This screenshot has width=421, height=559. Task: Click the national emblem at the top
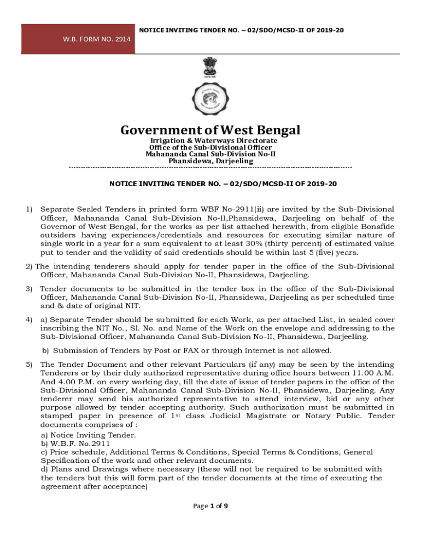coord(210,69)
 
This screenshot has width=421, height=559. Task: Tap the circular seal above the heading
coord(210,101)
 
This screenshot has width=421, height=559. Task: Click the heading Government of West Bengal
coord(210,130)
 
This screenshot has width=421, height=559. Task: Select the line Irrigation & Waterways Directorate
coord(210,141)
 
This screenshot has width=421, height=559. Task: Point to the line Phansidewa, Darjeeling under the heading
coord(210,161)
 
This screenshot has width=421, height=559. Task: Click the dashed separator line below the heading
coord(210,167)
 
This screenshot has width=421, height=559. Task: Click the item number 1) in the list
coord(30,209)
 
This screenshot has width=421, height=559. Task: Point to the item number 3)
coord(30,288)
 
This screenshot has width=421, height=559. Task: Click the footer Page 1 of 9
coord(210,506)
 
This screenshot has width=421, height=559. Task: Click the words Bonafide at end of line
coord(375,227)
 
